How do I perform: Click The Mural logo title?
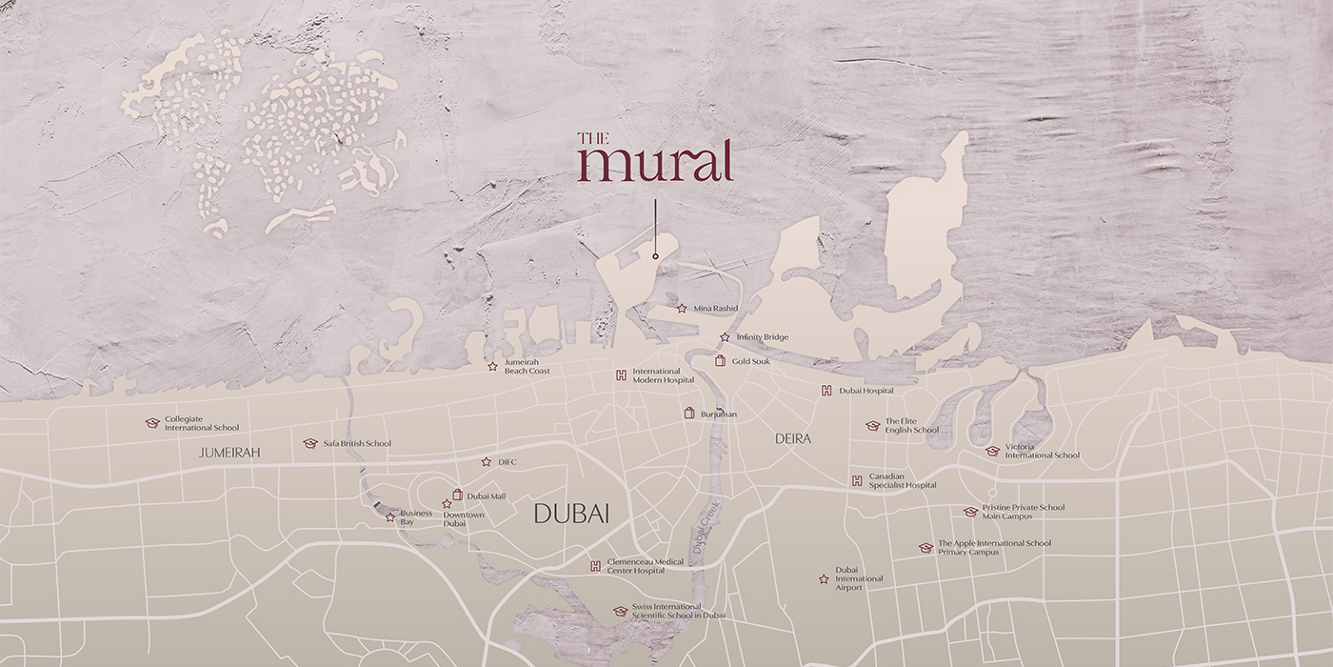(654, 157)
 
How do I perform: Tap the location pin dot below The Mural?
(655, 256)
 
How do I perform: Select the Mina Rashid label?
(715, 309)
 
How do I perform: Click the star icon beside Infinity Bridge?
(725, 337)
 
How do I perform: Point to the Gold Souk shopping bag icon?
(720, 361)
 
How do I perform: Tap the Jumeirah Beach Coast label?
(527, 366)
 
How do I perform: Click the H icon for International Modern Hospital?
(621, 374)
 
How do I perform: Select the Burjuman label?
(718, 414)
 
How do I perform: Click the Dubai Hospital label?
(865, 391)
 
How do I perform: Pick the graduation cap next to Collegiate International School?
(151, 423)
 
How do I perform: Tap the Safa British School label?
(356, 444)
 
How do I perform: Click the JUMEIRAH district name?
(229, 454)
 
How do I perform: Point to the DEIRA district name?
(793, 439)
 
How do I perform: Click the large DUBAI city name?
(571, 515)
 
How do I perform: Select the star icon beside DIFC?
(486, 462)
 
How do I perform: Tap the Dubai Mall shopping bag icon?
(457, 495)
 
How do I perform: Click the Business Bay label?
(416, 517)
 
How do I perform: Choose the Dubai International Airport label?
(859, 578)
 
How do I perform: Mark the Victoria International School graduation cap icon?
(992, 451)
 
